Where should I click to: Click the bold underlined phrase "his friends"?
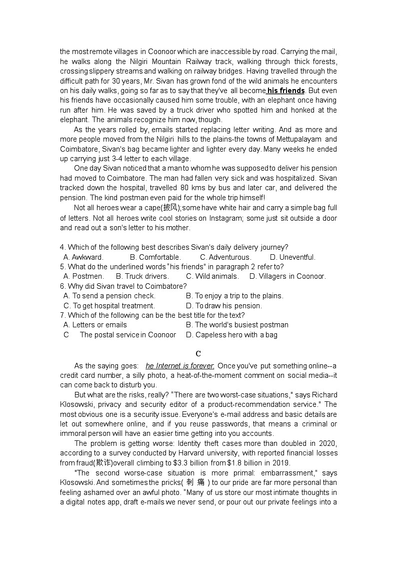285,91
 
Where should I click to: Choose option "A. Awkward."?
83,257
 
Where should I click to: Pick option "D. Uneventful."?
292,257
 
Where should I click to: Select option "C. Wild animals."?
212,276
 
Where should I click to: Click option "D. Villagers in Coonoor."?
287,276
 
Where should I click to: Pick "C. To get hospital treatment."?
109,306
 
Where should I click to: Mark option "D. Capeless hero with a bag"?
231,335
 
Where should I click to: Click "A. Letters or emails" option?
95,325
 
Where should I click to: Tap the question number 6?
62,286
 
